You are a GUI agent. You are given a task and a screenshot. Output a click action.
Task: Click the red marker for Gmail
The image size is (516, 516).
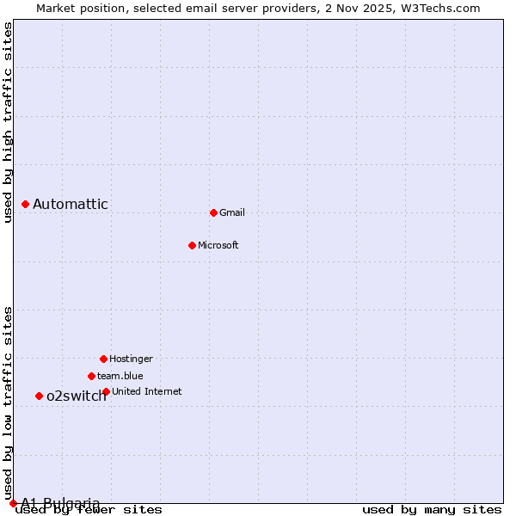(213, 212)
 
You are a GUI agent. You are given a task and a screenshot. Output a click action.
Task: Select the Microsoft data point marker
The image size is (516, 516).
(192, 245)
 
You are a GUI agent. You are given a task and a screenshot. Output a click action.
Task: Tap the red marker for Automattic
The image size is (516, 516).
(25, 204)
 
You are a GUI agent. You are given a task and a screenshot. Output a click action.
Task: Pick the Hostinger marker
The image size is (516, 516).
(103, 359)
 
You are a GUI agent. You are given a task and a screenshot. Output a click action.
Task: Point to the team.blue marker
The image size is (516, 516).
(91, 376)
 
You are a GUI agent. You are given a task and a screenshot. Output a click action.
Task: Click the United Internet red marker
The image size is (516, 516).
(106, 391)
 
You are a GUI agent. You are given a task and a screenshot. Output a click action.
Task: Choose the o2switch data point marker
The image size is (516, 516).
(39, 396)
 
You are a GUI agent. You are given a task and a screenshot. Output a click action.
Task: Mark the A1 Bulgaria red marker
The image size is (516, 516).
(13, 503)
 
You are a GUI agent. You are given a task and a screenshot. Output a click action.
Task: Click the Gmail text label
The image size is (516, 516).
(232, 212)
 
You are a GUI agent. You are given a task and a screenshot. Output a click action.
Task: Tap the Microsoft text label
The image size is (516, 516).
(218, 245)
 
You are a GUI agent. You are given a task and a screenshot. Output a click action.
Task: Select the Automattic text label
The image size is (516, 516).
(71, 204)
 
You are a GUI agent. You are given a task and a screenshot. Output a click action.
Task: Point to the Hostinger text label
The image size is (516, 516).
(131, 359)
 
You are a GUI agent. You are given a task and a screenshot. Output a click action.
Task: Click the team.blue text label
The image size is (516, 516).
(120, 376)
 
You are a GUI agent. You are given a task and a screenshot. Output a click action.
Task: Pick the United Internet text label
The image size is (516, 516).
(147, 391)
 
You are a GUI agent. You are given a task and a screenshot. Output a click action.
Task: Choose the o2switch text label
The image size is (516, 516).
(77, 396)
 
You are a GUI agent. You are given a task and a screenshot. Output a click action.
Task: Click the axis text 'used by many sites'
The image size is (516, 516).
(432, 510)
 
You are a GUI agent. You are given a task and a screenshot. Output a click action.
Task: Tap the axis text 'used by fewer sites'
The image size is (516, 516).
(89, 510)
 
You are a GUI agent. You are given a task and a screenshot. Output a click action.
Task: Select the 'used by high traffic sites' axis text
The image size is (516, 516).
(8, 123)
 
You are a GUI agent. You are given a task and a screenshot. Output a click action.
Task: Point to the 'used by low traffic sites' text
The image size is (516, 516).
(8, 402)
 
